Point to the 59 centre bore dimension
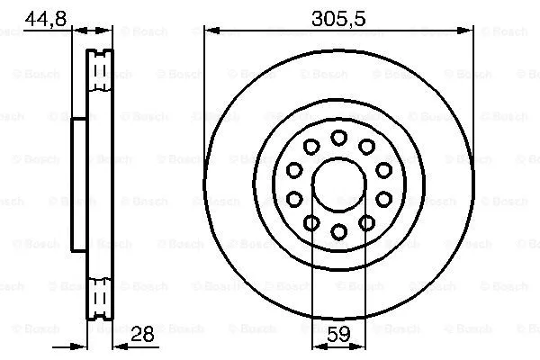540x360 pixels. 338,333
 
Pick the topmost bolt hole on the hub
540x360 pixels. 338,137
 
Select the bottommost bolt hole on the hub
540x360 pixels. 338,232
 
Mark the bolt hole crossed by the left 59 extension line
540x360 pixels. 311,223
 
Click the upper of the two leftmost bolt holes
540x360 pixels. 294,170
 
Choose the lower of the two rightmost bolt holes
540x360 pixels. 383,199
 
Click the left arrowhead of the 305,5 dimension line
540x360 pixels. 210,31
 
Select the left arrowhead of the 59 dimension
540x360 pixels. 316,346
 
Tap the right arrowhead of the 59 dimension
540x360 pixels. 361,346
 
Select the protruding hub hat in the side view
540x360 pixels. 78,184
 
